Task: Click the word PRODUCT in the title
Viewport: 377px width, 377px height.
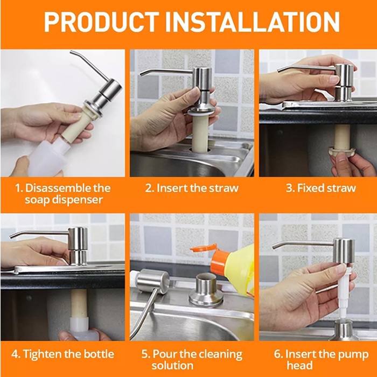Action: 101,22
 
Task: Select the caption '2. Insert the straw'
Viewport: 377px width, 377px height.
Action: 192,188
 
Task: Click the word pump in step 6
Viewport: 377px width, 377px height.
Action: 354,355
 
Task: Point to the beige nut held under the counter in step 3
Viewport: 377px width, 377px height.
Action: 341,151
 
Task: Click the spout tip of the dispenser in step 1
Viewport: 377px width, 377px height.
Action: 71,52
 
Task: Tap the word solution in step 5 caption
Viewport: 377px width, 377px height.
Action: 172,366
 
